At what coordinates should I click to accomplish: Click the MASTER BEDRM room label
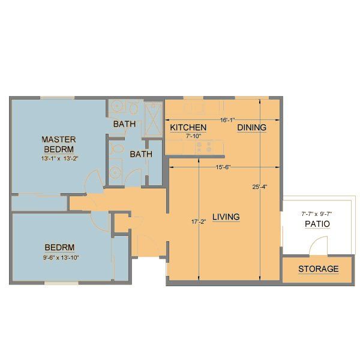pyautogui.click(x=58, y=144)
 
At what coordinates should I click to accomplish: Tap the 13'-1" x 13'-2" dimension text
pyautogui.click(x=60, y=159)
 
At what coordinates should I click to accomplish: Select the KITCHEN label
pyautogui.click(x=188, y=128)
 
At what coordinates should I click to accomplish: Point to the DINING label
pyautogui.click(x=251, y=128)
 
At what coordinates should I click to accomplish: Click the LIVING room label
pyautogui.click(x=226, y=217)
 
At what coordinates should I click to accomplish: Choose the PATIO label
pyautogui.click(x=318, y=224)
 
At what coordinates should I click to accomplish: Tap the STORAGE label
pyautogui.click(x=318, y=269)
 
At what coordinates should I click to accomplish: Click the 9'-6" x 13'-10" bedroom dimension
pyautogui.click(x=59, y=257)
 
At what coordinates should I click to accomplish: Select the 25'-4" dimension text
pyautogui.click(x=259, y=187)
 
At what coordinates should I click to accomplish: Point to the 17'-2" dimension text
pyautogui.click(x=199, y=223)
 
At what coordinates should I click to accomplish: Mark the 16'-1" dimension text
pyautogui.click(x=227, y=119)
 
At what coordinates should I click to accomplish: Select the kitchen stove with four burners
pyautogui.click(x=203, y=146)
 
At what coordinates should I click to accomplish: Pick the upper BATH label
pyautogui.click(x=125, y=124)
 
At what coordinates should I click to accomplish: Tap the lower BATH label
pyautogui.click(x=141, y=154)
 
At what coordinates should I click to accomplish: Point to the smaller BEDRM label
pyautogui.click(x=59, y=247)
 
